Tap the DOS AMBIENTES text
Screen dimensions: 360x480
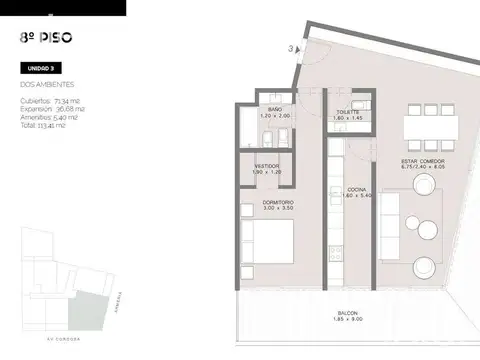pyautogui.click(x=47, y=86)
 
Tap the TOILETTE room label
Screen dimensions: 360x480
pyautogui.click(x=348, y=110)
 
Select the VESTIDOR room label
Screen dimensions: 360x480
pyautogui.click(x=266, y=166)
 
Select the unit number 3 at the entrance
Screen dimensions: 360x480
pyautogui.click(x=289, y=47)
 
